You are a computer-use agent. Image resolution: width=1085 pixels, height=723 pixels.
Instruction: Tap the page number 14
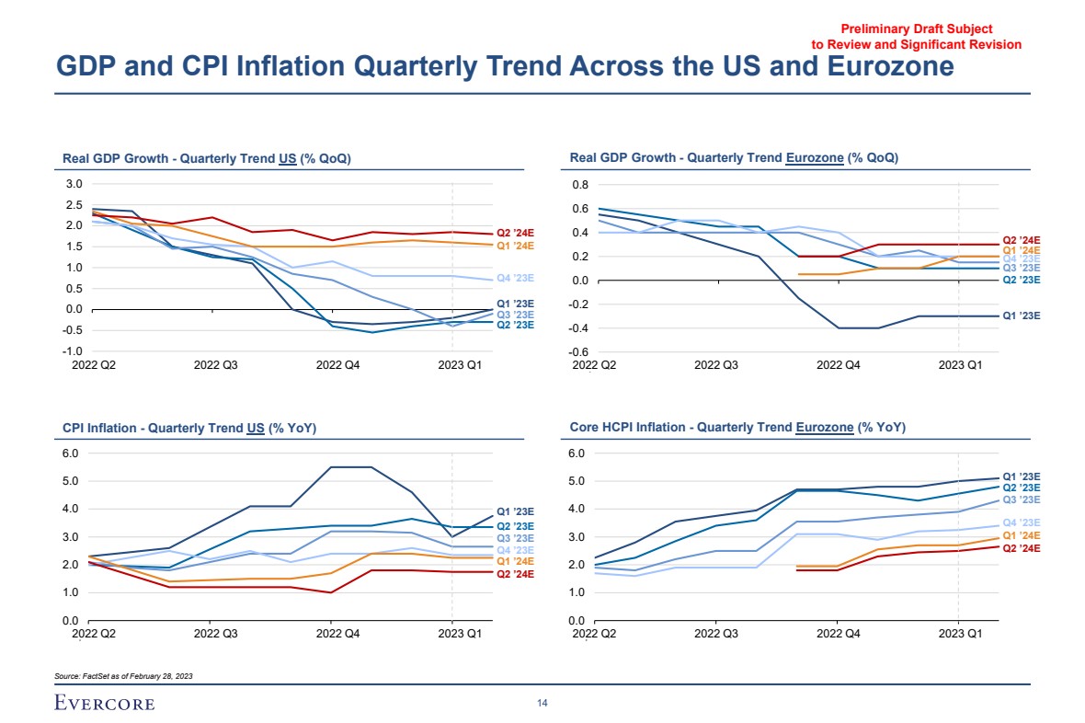point(542,704)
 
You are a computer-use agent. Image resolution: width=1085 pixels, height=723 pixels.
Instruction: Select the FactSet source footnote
point(124,676)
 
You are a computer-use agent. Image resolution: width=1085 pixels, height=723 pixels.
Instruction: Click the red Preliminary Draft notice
point(916,37)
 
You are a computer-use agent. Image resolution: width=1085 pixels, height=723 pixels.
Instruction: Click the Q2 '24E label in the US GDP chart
point(515,234)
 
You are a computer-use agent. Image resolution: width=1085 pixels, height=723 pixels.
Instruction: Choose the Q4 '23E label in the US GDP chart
point(515,278)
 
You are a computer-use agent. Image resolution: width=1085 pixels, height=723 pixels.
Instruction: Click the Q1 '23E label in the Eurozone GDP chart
point(1021,316)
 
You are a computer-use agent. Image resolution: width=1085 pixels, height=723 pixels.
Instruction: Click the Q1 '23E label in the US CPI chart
point(515,511)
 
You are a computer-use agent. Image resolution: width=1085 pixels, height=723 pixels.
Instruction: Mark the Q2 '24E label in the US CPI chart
point(515,574)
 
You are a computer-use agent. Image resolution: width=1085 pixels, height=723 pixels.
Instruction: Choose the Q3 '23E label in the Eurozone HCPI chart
point(1021,499)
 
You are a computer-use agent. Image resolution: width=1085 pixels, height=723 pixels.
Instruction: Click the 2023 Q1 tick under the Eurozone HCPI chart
point(960,634)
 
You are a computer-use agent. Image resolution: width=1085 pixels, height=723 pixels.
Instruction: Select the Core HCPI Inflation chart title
point(737,428)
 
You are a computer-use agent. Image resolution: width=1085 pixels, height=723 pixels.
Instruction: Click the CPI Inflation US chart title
point(189,428)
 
